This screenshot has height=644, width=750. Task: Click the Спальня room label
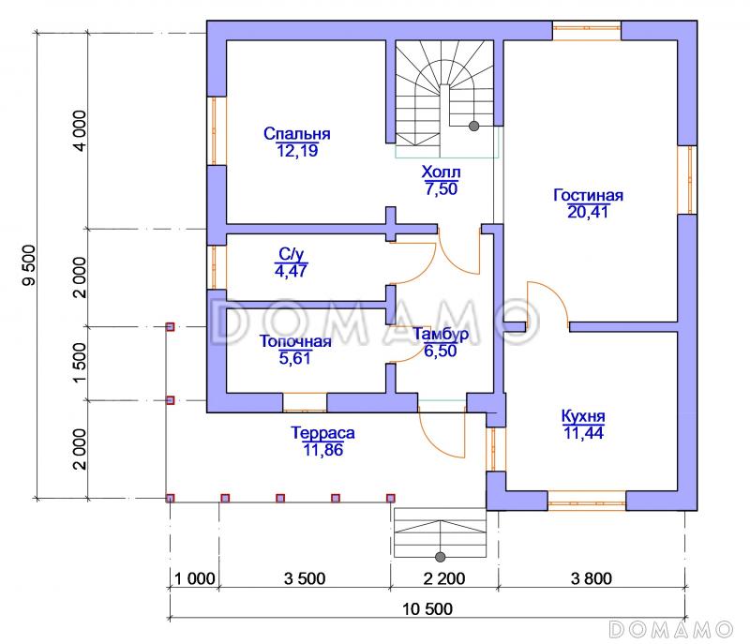[297, 133]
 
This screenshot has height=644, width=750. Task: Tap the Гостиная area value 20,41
[588, 211]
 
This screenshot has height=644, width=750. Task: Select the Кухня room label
[583, 416]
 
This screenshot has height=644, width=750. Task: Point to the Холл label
[441, 172]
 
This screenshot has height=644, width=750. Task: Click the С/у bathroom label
[292, 254]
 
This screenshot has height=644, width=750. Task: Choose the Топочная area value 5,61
[295, 357]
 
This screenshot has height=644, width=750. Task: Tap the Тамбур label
[441, 334]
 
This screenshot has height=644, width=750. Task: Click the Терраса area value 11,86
[323, 449]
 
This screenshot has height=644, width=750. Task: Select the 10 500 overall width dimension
[427, 608]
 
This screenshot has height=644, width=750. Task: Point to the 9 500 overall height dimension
[29, 265]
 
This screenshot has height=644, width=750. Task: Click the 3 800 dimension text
[592, 578]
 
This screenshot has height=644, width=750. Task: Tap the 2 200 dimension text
[444, 578]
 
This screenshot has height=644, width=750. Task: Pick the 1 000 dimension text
[195, 578]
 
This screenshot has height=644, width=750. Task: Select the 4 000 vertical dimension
[80, 131]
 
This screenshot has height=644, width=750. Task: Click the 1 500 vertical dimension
[80, 363]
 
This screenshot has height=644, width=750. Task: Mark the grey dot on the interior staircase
[474, 127]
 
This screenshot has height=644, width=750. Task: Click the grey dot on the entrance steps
[441, 557]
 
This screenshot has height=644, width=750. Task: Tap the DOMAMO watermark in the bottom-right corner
[671, 629]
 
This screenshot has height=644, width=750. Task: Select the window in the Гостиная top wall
[587, 31]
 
